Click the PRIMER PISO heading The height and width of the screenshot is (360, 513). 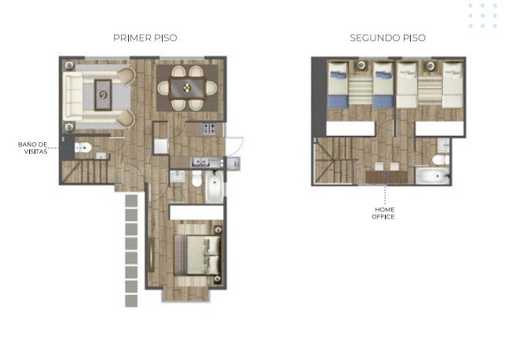click(x=145, y=38)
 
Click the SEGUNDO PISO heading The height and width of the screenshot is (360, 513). click(x=387, y=38)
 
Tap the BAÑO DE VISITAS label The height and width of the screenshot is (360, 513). click(x=33, y=148)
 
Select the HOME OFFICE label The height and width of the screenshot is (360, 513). click(x=383, y=213)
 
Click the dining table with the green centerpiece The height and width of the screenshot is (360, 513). click(x=188, y=88)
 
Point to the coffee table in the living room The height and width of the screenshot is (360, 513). click(x=103, y=95)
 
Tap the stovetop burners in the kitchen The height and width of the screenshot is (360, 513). click(x=209, y=128)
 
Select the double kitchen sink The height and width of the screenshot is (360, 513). click(x=201, y=162)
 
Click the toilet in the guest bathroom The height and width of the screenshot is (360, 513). click(x=82, y=148)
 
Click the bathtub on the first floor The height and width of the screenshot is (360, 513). click(x=214, y=186)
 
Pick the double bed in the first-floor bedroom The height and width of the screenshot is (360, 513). click(x=198, y=255)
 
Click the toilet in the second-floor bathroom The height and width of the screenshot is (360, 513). click(x=441, y=160)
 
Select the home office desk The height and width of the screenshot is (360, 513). click(x=387, y=177)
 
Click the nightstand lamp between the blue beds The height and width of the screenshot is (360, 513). click(x=361, y=65)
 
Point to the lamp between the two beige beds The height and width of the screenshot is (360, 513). click(x=431, y=66)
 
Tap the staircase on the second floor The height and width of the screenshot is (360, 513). click(x=335, y=160)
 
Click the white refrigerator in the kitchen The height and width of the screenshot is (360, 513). click(x=161, y=146)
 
